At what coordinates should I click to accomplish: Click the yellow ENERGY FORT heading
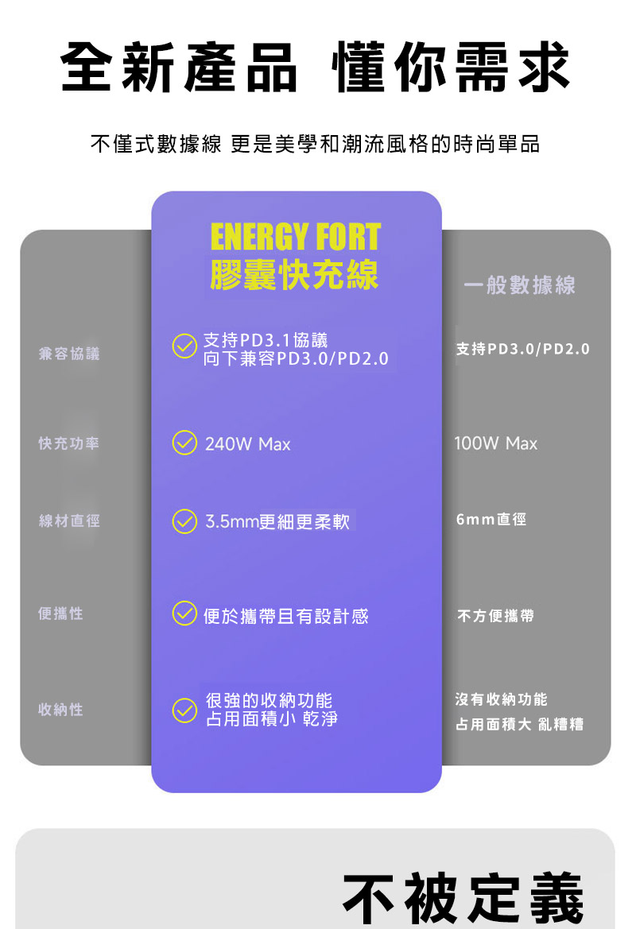pos(295,238)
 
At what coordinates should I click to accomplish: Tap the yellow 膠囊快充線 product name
pos(295,275)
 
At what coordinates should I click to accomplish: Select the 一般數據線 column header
pos(519,285)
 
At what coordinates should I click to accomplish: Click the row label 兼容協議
pos(68,354)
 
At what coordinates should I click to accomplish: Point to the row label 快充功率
pos(68,443)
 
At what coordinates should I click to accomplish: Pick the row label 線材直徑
pos(68,521)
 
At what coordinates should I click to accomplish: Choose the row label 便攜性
pos(60,614)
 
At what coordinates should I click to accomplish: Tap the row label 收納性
pos(60,709)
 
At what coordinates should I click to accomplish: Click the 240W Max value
pos(248,443)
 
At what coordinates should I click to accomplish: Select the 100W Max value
pos(495,443)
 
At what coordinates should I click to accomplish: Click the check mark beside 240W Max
pos(184,443)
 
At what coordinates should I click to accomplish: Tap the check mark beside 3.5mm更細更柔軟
pos(184,521)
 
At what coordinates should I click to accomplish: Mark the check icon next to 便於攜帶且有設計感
pos(184,614)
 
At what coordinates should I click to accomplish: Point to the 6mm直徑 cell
pos(491,520)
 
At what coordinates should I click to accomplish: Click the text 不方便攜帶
pos(495,616)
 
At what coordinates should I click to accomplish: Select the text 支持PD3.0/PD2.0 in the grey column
pos(523,349)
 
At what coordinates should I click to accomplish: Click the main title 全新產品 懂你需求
pos(315,67)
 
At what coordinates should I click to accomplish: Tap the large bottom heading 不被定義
pos(463,899)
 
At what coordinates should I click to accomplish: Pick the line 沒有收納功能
pos(502,699)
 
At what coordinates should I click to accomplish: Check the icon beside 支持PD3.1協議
pos(184,346)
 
